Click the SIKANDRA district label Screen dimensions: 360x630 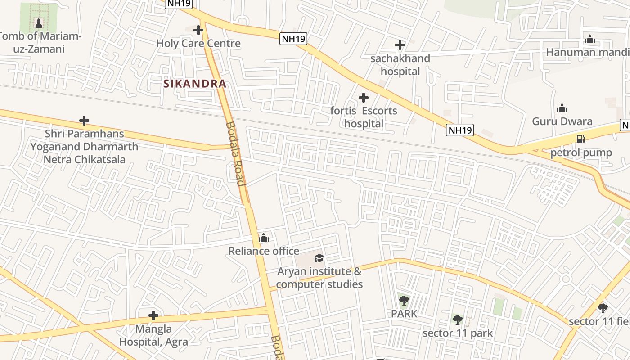(x=194, y=84)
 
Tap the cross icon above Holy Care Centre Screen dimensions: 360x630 (x=198, y=30)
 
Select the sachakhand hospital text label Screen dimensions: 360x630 (x=400, y=65)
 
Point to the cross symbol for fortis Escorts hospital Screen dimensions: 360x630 (x=364, y=98)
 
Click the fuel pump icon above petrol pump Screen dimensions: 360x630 (x=581, y=139)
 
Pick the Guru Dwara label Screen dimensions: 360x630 (x=562, y=121)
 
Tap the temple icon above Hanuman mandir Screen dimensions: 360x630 (x=590, y=39)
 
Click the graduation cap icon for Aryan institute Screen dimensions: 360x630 (x=319, y=258)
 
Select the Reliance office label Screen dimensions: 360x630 (x=264, y=251)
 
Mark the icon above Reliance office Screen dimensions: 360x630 (x=264, y=238)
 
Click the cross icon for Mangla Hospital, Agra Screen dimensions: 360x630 (x=153, y=315)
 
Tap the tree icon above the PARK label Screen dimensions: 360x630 (x=404, y=300)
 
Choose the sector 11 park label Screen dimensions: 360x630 (x=458, y=333)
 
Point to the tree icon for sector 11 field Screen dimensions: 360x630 (x=603, y=308)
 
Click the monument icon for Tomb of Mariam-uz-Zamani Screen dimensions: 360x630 (x=39, y=23)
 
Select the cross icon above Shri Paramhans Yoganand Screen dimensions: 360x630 (x=84, y=121)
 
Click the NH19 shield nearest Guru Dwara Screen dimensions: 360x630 (x=460, y=130)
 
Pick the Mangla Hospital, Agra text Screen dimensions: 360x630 (x=153, y=335)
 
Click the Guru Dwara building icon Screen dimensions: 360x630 (x=562, y=108)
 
